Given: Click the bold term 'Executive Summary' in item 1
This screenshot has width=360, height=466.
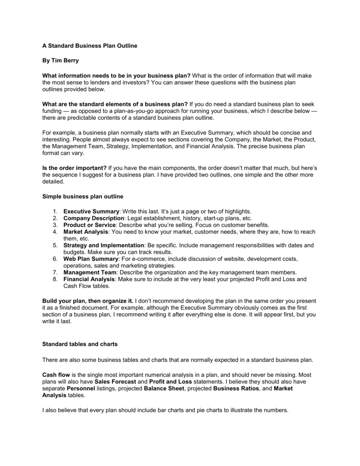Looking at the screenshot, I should (x=91, y=212).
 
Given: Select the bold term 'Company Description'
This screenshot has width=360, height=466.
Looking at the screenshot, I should (x=94, y=218).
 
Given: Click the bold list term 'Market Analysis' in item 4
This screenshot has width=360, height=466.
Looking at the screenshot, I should (x=86, y=232).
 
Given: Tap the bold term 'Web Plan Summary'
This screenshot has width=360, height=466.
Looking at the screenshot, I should (x=91, y=259).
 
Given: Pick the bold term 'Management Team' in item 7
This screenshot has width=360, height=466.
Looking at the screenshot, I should (x=89, y=272).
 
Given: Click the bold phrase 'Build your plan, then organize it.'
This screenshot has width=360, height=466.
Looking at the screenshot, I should (x=88, y=301).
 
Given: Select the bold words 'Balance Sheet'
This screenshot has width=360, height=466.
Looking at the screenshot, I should (x=162, y=389).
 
